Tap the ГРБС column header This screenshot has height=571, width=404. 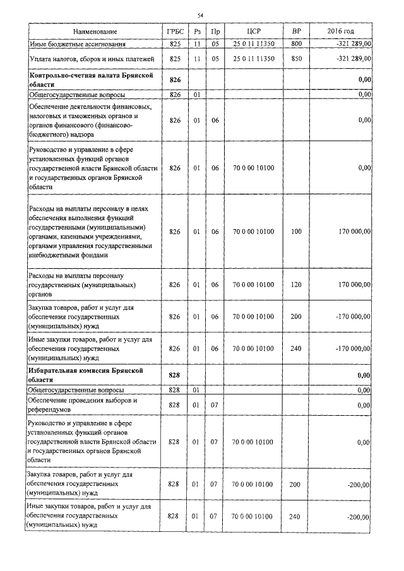[175, 32]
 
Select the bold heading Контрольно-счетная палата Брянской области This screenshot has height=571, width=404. [92, 79]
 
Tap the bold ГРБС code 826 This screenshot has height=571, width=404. [175, 80]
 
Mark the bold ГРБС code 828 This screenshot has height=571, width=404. [175, 375]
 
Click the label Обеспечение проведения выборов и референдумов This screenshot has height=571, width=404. [83, 404]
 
